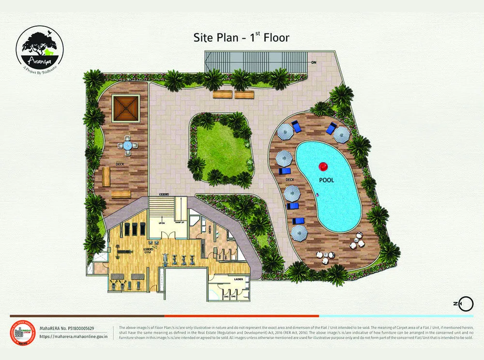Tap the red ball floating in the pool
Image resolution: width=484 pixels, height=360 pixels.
coord(322,167)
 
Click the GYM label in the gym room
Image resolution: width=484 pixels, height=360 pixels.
coord(148,253)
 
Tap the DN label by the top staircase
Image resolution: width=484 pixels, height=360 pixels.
coord(314,62)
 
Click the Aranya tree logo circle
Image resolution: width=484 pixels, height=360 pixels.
coord(40,47)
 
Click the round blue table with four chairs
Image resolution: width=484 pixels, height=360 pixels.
coord(127,144)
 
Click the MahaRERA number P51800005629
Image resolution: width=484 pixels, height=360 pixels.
coord(67,329)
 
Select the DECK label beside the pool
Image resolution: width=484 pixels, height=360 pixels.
coord(290,180)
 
